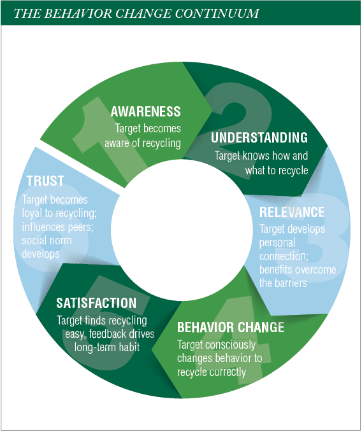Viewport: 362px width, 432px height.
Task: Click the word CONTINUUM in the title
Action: pyautogui.click(x=217, y=13)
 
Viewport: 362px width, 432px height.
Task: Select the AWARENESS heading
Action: pyautogui.click(x=146, y=111)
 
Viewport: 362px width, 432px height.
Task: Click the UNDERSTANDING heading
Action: pyautogui.click(x=259, y=137)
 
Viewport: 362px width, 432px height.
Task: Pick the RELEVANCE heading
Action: pyautogui.click(x=292, y=212)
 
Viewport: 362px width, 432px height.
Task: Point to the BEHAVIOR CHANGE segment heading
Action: pyautogui.click(x=231, y=327)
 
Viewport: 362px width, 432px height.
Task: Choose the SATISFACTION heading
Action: pyautogui.click(x=96, y=303)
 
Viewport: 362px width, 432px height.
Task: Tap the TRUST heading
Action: pyautogui.click(x=45, y=181)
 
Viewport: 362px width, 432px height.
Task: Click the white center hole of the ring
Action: pyautogui.click(x=182, y=230)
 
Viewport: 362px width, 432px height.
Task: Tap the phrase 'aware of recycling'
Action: pyautogui.click(x=143, y=143)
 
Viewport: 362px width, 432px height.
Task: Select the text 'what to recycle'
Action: pyautogui.click(x=277, y=171)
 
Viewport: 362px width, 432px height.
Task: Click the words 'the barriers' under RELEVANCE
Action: pyautogui.click(x=283, y=283)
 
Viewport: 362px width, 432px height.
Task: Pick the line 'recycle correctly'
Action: pyautogui.click(x=212, y=372)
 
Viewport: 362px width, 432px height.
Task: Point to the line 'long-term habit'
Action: pyautogui.click(x=107, y=347)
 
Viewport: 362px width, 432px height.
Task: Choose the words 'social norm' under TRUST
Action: pyautogui.click(x=47, y=240)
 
